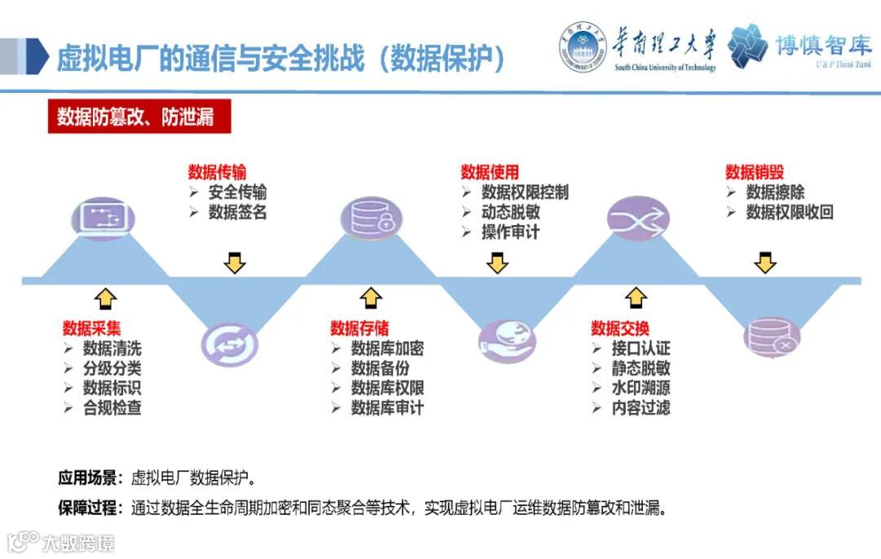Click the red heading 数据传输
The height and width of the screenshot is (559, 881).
click(x=216, y=172)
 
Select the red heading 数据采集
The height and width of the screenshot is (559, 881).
click(x=91, y=328)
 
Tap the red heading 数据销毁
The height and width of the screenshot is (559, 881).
click(x=755, y=172)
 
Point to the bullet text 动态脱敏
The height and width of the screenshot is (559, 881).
click(x=510, y=212)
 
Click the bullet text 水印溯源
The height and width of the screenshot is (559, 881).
click(x=640, y=388)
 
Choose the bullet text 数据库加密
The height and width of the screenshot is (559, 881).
click(x=387, y=348)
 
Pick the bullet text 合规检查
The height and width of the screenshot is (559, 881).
click(x=112, y=407)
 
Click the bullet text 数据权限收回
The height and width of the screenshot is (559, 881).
click(x=789, y=212)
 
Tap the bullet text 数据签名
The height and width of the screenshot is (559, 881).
click(x=237, y=212)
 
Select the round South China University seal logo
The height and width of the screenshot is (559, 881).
click(x=582, y=46)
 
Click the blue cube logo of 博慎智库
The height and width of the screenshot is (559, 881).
click(x=748, y=46)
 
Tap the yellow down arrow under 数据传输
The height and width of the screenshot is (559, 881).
click(x=235, y=263)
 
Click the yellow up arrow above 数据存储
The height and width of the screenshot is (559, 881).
click(x=371, y=298)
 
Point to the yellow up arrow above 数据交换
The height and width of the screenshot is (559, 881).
click(x=636, y=298)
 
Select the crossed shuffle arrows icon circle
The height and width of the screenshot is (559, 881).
click(x=637, y=218)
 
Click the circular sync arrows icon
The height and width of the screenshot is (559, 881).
click(x=229, y=344)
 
